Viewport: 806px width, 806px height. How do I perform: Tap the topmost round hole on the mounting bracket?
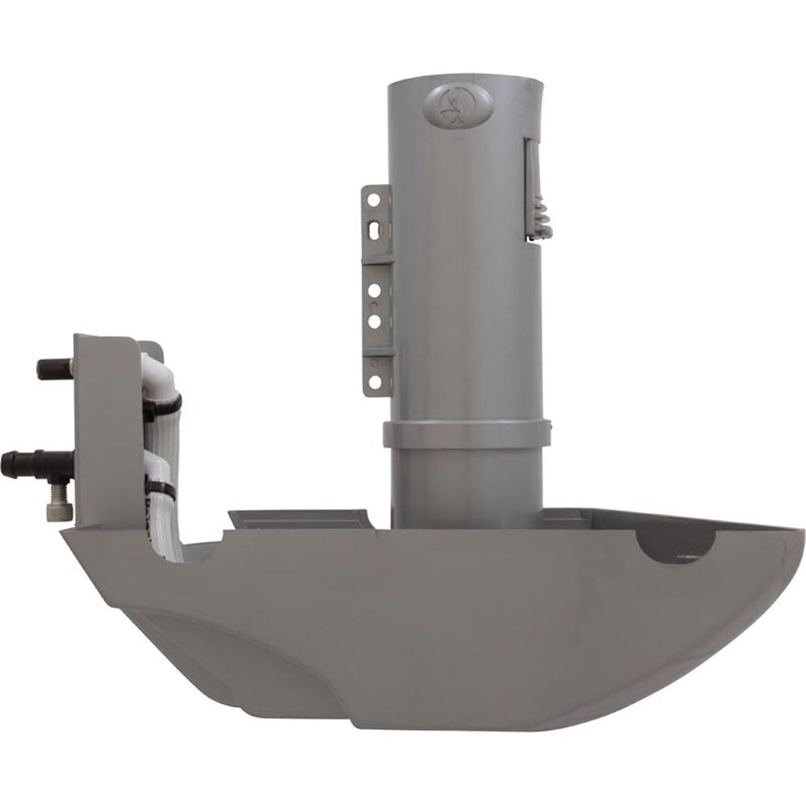point(375,198)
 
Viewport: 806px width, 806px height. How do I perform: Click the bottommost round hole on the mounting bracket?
point(375,381)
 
